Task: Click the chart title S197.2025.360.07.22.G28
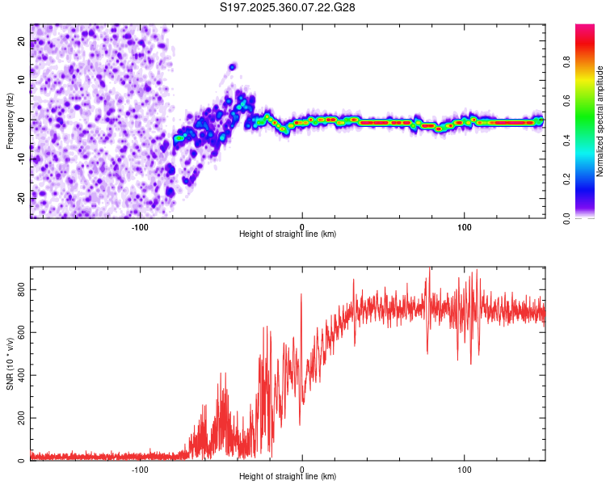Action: coord(288,7)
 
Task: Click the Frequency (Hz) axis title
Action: coord(10,121)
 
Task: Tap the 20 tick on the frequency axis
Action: coord(22,43)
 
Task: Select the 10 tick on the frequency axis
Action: coord(22,81)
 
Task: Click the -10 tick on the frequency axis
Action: coord(22,158)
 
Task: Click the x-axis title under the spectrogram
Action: coord(288,234)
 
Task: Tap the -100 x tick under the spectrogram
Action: coord(140,226)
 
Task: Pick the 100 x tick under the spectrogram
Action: coord(465,226)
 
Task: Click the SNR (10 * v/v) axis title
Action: coord(10,364)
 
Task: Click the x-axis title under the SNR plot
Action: coord(288,476)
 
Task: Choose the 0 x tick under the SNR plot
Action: coord(302,468)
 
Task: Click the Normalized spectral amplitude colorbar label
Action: coord(600,121)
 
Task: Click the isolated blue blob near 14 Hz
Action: coord(233,66)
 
